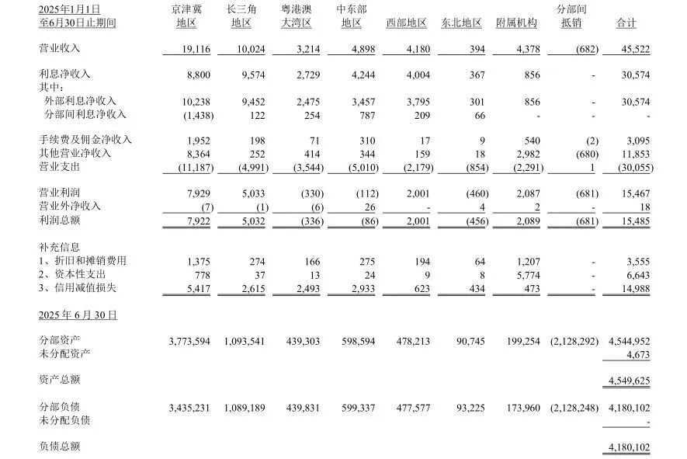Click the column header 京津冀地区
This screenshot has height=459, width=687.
(186, 16)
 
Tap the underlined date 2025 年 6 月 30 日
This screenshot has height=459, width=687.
(78, 315)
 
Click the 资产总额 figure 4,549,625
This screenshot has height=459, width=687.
(627, 381)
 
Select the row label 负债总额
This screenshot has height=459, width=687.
(59, 447)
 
